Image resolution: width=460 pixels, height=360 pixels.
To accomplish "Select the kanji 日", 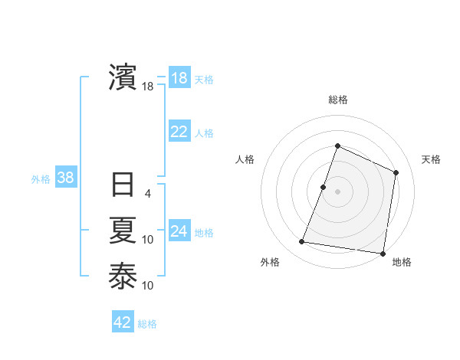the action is point(123,186).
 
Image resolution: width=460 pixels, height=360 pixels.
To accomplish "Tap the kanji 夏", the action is point(123,231).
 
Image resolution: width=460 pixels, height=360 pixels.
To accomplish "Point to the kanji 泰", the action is point(123,276).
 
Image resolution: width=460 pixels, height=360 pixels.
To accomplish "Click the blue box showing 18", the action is point(179,78).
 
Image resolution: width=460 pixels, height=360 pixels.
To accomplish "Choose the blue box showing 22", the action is point(179,132).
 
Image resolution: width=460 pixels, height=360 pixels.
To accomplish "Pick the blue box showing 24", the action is point(179,231).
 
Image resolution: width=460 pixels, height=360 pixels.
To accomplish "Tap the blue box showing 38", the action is point(65,178).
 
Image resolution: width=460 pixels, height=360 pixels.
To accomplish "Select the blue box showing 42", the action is point(123,322).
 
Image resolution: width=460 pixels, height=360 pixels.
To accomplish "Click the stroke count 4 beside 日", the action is point(148,194).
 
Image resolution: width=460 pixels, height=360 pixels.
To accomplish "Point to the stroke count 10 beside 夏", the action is point(148,240).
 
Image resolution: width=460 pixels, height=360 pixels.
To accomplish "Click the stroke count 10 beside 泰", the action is point(148,286).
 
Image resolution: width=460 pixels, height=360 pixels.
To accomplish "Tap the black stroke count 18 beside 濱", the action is point(148,87).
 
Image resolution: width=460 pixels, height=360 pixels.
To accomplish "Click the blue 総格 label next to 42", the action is point(147,324).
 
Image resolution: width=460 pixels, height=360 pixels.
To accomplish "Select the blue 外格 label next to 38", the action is point(41,179).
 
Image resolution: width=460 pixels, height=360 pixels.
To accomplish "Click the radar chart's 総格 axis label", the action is point(337,100).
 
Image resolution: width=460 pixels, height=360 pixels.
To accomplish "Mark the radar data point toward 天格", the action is point(396,172).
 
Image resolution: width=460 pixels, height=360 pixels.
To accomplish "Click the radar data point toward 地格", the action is point(383,254).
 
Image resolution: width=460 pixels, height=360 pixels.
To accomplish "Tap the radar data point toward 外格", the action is point(301,242).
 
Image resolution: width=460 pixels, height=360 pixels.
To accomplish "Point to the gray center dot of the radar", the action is point(337,191).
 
